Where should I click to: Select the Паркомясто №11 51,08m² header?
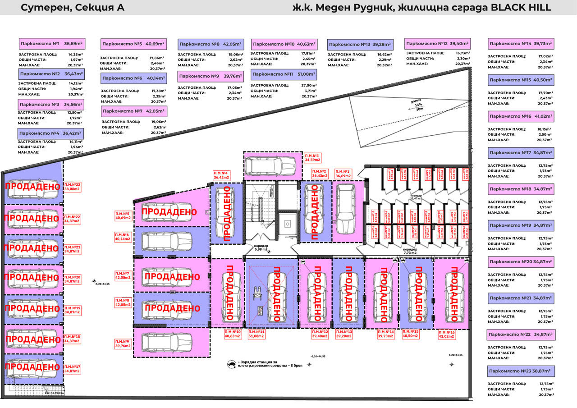283,74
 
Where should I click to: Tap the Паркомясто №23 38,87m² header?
521,372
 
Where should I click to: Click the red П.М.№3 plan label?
312,157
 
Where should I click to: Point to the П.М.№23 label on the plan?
72,187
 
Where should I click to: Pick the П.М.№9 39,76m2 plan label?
123,344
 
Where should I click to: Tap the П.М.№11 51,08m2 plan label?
257,334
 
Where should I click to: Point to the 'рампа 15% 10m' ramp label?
416,105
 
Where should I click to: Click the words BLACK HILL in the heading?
524,7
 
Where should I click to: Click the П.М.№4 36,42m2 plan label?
222,175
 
